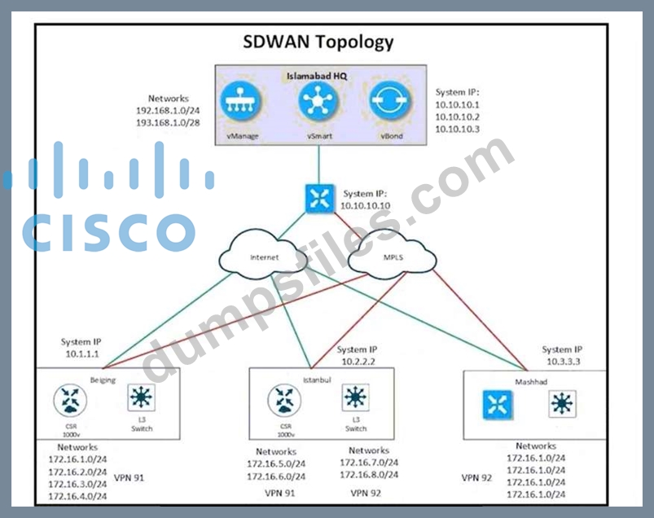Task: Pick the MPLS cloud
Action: [x=392, y=257]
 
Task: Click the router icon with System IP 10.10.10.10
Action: [x=319, y=199]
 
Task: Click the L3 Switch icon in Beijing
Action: [x=142, y=398]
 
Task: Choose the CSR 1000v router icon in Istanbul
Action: [x=284, y=400]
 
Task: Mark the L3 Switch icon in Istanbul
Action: [x=355, y=398]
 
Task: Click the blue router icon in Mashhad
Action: [x=495, y=404]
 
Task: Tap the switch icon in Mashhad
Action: [x=561, y=404]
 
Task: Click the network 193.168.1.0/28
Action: [x=169, y=122]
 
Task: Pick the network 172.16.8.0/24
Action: [x=369, y=475]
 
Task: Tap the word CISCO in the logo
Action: [x=108, y=232]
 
